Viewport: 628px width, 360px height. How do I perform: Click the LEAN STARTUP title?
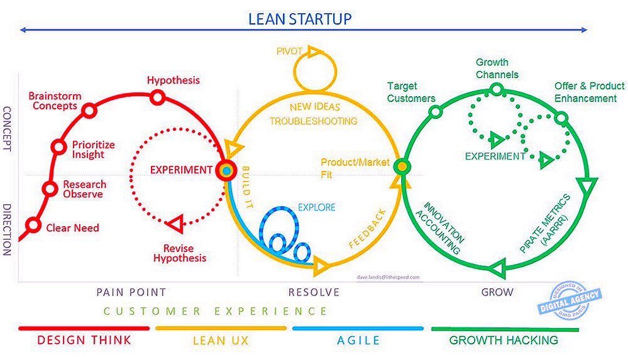(x=300, y=18)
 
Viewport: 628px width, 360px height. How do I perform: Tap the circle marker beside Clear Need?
(x=34, y=226)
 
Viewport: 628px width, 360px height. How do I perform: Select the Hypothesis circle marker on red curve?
(x=157, y=97)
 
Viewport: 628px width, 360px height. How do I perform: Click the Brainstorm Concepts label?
(x=53, y=101)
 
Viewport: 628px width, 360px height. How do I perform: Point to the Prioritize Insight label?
(x=93, y=150)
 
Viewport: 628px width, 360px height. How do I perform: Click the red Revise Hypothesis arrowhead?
(x=175, y=222)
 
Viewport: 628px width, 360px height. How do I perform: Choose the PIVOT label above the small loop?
(x=290, y=50)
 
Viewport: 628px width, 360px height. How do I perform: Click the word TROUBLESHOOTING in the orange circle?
(x=314, y=121)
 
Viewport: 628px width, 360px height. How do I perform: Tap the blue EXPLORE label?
(x=316, y=207)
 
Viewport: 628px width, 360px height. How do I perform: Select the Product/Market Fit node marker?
(x=401, y=166)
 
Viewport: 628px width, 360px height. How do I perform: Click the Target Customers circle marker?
(x=435, y=112)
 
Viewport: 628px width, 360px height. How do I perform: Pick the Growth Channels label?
(x=497, y=68)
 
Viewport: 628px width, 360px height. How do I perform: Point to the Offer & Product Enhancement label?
(x=589, y=92)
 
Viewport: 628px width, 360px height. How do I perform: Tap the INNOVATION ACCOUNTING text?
(x=443, y=227)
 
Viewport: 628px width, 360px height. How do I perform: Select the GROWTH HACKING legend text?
(x=503, y=340)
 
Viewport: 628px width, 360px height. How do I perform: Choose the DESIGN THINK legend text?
(x=84, y=340)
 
